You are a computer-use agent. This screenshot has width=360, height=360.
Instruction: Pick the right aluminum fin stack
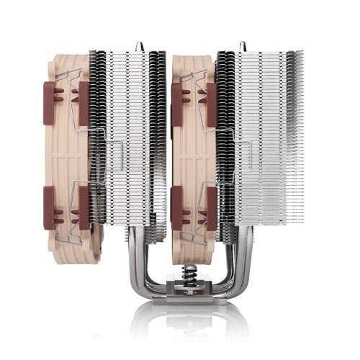[x=252, y=144]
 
